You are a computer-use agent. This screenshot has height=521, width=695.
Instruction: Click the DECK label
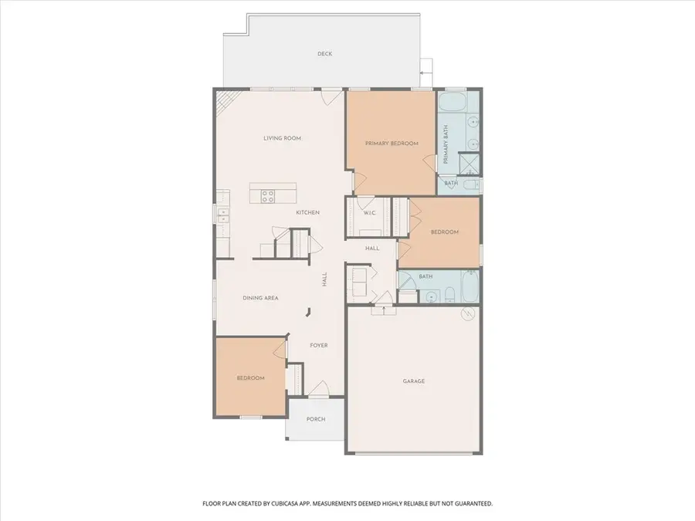coord(325,53)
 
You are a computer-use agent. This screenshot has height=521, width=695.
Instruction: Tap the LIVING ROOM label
coord(283,138)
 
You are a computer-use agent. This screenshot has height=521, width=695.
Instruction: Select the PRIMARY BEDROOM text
coord(392,144)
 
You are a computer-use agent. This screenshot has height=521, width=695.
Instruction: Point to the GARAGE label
coord(414,381)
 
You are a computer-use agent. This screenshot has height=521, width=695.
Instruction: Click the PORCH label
coord(316,419)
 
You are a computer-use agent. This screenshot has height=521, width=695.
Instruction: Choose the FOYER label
coord(319,345)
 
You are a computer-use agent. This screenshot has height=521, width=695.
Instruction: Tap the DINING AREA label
coord(261,298)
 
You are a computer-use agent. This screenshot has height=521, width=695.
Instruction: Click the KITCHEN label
coord(307,213)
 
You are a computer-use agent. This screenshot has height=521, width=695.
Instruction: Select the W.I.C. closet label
coord(370,213)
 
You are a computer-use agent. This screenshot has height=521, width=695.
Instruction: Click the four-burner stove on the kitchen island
coord(267,196)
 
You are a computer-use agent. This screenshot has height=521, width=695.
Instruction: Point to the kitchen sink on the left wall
coord(223,216)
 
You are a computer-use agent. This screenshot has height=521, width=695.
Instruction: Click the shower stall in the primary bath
coord(469,164)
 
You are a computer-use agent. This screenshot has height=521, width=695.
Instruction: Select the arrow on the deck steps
coord(425,73)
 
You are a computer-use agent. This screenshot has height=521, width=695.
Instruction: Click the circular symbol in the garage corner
coord(468,313)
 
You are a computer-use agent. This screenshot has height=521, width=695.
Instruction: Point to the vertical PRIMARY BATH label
coord(446,144)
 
